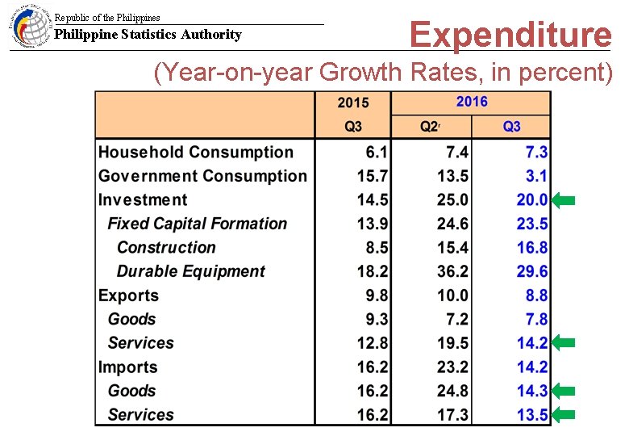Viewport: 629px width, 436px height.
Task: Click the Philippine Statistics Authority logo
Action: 29,27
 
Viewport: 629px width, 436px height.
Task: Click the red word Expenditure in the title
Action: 510,35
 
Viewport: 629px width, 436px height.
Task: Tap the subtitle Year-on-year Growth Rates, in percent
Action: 384,73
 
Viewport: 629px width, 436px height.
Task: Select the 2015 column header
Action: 352,103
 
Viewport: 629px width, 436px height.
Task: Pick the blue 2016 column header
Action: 471,102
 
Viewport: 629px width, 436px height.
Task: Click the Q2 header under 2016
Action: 431,127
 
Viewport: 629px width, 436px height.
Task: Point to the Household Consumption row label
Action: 196,153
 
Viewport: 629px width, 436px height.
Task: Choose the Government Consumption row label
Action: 202,176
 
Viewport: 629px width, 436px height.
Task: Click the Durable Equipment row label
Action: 190,271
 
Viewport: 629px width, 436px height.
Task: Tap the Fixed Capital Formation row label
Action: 197,224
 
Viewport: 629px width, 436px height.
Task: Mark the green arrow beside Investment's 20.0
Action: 564,200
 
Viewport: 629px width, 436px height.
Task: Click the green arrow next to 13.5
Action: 564,415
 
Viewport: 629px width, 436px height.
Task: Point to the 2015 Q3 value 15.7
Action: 372,176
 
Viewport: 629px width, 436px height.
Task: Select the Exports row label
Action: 128,296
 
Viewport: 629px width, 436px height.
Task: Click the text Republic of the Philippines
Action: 107,17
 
